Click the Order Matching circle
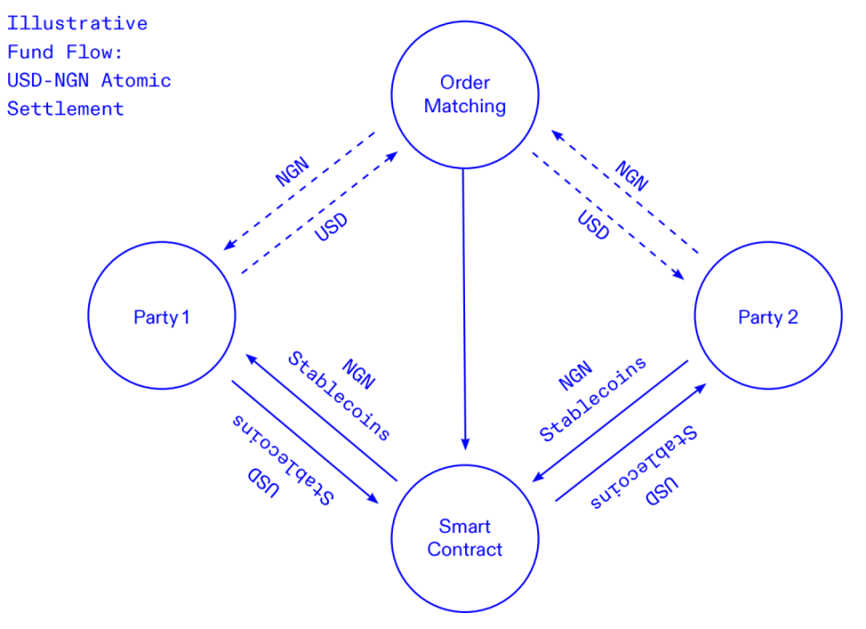[464, 94]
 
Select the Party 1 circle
[161, 316]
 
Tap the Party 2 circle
[767, 317]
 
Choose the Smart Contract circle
[464, 538]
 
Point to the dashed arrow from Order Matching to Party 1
[298, 192]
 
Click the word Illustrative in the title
[78, 23]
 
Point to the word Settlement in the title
[66, 109]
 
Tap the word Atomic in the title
[135, 80]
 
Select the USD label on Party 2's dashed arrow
[593, 226]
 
